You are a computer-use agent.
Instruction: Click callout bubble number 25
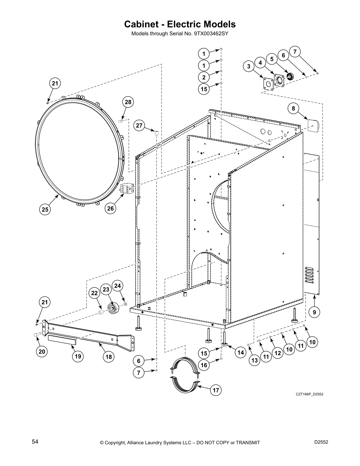45,209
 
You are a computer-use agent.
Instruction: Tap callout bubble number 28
128,102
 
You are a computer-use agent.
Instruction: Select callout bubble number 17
216,390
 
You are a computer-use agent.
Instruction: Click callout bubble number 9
314,312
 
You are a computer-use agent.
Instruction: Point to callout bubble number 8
293,109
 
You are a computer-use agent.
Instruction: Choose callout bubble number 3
249,66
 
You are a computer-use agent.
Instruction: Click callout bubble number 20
42,351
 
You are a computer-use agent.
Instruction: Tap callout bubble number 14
241,352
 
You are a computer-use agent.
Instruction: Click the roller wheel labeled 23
113,308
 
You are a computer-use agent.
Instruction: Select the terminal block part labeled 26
127,188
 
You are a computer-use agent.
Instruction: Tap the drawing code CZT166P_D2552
309,394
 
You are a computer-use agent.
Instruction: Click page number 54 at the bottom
35,442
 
